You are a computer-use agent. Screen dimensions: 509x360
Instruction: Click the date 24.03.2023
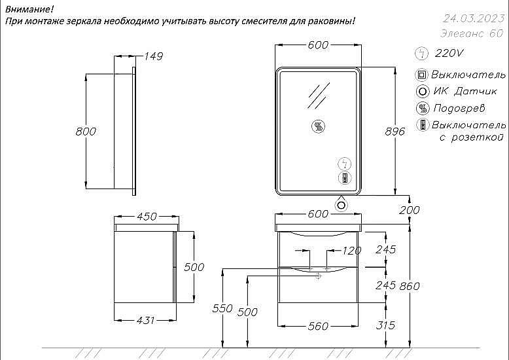tap(474, 18)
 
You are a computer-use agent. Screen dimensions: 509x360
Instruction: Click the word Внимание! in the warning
tap(29, 9)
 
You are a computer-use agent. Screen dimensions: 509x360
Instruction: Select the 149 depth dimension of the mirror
tap(153, 56)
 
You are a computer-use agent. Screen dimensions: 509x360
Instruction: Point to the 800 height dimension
tap(86, 132)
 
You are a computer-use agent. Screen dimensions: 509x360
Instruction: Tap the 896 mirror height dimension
tap(395, 132)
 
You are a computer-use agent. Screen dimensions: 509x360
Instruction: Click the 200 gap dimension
tap(410, 210)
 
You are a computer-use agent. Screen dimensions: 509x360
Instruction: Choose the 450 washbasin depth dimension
tap(147, 217)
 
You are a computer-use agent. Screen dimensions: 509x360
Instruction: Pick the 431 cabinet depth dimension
tap(145, 320)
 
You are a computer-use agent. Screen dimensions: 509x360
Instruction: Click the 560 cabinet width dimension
tap(318, 326)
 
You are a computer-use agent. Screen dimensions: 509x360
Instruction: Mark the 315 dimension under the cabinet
tap(385, 325)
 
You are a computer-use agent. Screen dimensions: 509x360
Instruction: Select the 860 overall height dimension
tap(410, 286)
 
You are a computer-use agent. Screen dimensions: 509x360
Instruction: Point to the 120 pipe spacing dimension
tap(351, 251)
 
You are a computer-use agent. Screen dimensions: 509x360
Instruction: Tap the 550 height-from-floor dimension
tap(222, 308)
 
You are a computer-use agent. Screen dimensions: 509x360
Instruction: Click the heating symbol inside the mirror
tap(319, 126)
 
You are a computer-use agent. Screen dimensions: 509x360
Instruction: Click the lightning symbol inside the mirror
tap(345, 164)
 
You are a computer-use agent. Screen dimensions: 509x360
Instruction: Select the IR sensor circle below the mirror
tap(341, 205)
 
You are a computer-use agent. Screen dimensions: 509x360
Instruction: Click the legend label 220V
tap(449, 53)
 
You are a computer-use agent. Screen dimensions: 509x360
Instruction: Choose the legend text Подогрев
tap(459, 108)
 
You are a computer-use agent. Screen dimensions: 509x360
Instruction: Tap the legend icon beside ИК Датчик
tap(423, 91)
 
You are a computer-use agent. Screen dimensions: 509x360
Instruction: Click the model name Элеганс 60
tap(472, 33)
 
